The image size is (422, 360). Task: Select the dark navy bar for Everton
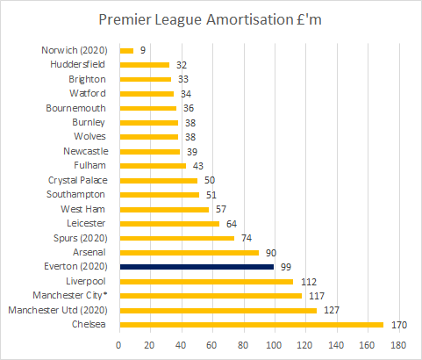tap(197, 267)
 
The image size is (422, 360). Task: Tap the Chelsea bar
tap(251, 325)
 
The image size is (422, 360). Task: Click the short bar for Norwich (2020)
tap(126, 50)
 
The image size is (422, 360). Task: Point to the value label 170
tap(398, 325)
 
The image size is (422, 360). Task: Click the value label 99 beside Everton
tap(286, 267)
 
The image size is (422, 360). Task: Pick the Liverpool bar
tap(206, 281)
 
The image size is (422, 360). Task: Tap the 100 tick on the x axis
tap(275, 345)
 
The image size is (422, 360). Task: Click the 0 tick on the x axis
tap(119, 345)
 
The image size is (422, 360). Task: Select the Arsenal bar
tap(190, 252)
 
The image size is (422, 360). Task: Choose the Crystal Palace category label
tap(77, 180)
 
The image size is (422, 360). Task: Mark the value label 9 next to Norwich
tap(142, 50)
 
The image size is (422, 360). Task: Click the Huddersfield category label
tap(77, 64)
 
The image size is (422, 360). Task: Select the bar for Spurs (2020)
tap(177, 238)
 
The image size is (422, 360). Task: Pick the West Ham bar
tap(164, 209)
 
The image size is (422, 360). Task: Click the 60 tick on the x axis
tap(213, 345)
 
